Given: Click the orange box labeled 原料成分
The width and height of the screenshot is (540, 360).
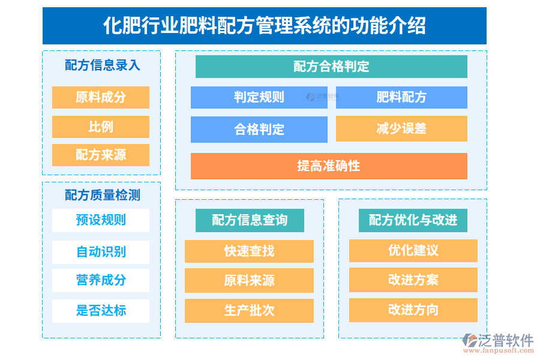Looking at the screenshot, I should click(x=101, y=97).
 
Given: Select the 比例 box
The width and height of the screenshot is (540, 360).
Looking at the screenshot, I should click(x=101, y=127).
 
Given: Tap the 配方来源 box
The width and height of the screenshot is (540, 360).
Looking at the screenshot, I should click(x=101, y=155).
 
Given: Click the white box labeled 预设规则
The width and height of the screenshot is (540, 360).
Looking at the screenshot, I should click(x=101, y=220).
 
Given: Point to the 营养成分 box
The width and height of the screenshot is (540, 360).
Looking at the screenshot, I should click(x=101, y=280).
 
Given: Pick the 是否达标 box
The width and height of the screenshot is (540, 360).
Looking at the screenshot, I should click(x=101, y=311).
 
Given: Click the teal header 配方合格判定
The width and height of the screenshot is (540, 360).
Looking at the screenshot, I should click(x=331, y=67).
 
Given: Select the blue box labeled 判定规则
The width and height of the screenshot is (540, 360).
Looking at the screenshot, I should click(x=259, y=97).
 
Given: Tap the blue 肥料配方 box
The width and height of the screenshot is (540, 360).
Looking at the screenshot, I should click(x=401, y=97).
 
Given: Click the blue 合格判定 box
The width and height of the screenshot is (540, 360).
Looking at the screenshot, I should click(x=259, y=129).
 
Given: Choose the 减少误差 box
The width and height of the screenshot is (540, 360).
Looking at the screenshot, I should click(x=401, y=128).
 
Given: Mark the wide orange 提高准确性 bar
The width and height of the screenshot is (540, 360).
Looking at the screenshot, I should click(x=329, y=166).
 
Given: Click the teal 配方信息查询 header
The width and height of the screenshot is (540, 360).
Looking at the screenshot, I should click(x=250, y=220).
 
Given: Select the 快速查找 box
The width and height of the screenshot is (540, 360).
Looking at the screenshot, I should click(x=249, y=251).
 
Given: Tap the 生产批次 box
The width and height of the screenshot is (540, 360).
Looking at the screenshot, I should click(x=249, y=310).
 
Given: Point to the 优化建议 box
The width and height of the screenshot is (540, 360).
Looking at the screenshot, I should click(x=413, y=250).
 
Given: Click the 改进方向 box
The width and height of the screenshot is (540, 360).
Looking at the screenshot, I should click(x=413, y=310).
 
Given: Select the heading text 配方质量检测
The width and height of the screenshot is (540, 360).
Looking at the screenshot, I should click(x=102, y=195).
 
